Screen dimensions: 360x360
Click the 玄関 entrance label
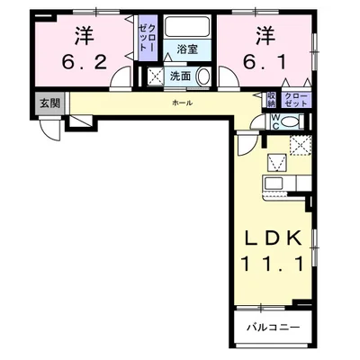coord(49,103)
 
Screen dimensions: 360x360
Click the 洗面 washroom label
coord(180,76)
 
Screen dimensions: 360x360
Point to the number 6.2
coord(84,63)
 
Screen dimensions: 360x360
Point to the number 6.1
coord(264,63)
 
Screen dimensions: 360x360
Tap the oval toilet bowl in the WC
coord(291,121)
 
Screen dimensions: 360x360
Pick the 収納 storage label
coord(272,99)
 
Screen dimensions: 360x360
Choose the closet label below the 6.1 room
coord(295,99)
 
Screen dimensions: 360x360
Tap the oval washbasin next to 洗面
coord(202,76)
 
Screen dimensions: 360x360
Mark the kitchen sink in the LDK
coord(273,185)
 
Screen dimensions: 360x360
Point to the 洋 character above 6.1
coord(264,36)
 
